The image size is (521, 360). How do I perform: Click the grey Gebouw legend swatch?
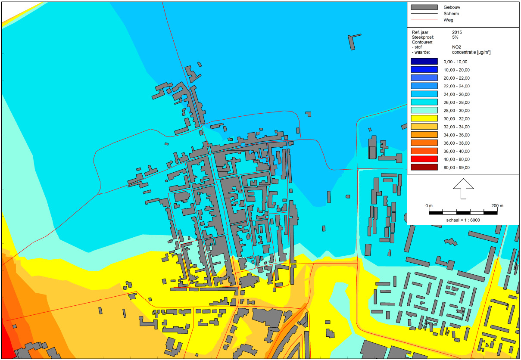[x=424, y=7]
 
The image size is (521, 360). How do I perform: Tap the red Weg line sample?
[x=424, y=20]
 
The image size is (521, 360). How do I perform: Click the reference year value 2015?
[x=458, y=32]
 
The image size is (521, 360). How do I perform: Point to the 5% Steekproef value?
[x=455, y=37]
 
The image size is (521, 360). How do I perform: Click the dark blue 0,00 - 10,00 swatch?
[x=424, y=62]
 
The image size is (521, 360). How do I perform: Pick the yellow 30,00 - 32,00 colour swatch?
[x=424, y=118]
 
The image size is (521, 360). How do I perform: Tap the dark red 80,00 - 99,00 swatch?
[x=424, y=167]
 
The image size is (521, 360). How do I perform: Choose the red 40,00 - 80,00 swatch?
[x=424, y=159]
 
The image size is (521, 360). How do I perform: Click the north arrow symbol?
[x=463, y=188]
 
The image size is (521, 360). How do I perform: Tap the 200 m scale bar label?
[x=497, y=206]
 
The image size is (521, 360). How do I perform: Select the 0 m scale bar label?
[x=429, y=206]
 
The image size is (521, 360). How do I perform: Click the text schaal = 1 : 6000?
[x=463, y=220]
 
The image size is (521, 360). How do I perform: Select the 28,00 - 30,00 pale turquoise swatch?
[x=424, y=110]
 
